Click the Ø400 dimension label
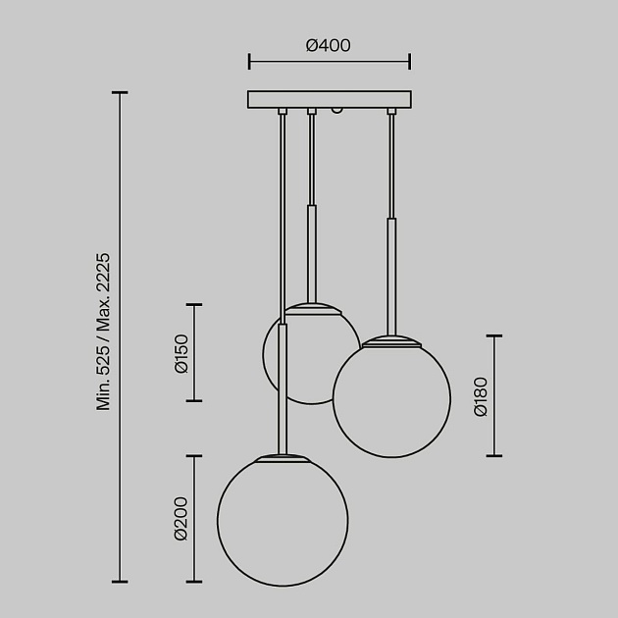tap(328, 45)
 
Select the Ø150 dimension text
tap(180, 353)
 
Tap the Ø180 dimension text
tap(480, 396)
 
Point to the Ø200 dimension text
tap(180, 519)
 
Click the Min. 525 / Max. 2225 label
tap(103, 332)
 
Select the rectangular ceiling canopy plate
tap(329, 100)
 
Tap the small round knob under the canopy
tap(338, 112)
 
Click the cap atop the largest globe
tap(283, 458)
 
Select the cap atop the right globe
tap(391, 341)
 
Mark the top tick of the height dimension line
tap(121, 92)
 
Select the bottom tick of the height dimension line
tap(121, 582)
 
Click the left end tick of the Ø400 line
tap(249, 62)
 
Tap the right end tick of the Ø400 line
tap(409, 62)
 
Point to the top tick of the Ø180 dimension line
tap(493, 336)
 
